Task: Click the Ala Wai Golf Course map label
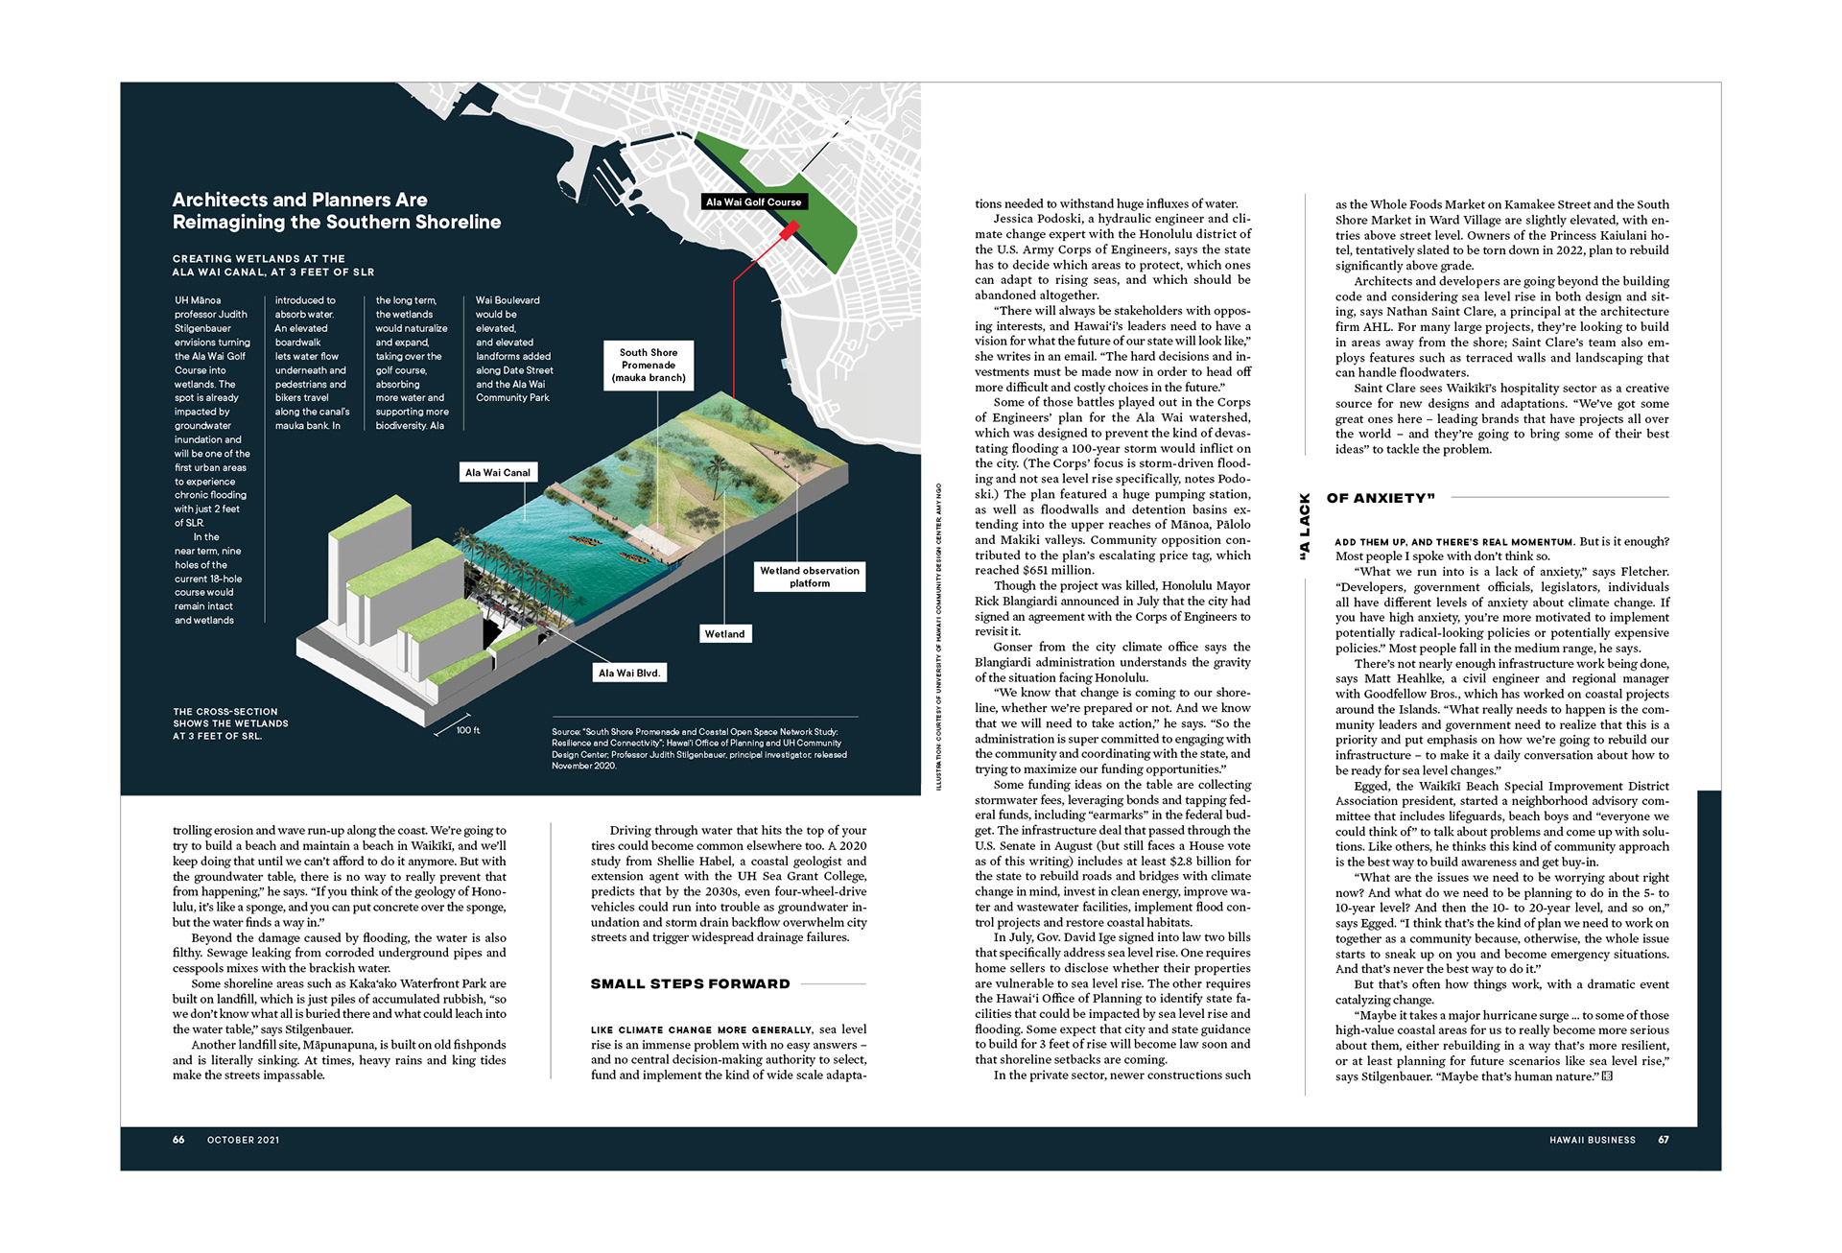pyautogui.click(x=753, y=202)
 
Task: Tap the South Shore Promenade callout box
pyautogui.click(x=649, y=366)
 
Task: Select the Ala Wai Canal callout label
pyautogui.click(x=497, y=472)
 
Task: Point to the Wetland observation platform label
pyautogui.click(x=810, y=577)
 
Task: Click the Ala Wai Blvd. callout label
pyautogui.click(x=629, y=673)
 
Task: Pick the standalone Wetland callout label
pyautogui.click(x=724, y=634)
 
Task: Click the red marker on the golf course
pyautogui.click(x=789, y=231)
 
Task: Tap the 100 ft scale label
pyautogui.click(x=468, y=731)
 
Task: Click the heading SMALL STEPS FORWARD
pyautogui.click(x=690, y=983)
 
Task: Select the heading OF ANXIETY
pyautogui.click(x=1381, y=498)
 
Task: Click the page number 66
pyautogui.click(x=178, y=1140)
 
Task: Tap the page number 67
pyautogui.click(x=1664, y=1140)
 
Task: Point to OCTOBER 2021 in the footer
pyautogui.click(x=243, y=1140)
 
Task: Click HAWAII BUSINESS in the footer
pyautogui.click(x=1592, y=1140)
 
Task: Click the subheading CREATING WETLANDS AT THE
pyautogui.click(x=258, y=259)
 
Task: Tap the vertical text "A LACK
pyautogui.click(x=1304, y=527)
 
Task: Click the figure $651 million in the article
pyautogui.click(x=1057, y=570)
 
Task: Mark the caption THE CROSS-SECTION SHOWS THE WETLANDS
pyautogui.click(x=230, y=723)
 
